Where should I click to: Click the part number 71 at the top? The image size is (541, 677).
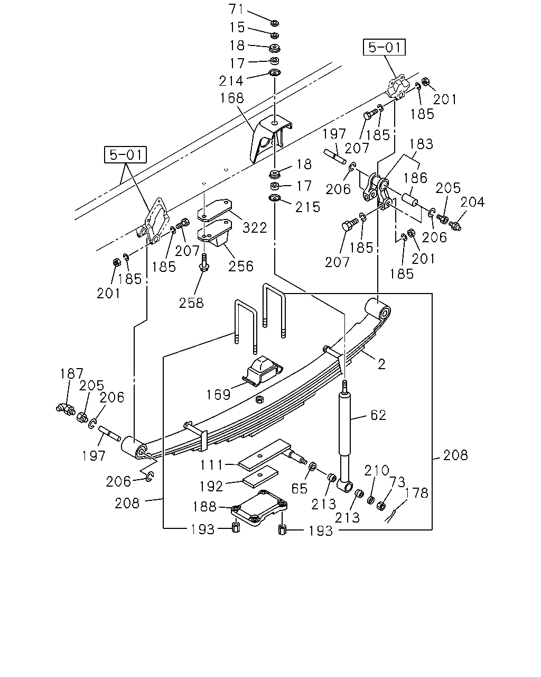236,9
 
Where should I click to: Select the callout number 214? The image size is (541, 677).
231,81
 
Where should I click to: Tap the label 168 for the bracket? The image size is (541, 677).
232,98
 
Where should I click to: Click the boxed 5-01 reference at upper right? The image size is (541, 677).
384,47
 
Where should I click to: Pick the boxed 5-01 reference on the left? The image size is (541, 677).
125,154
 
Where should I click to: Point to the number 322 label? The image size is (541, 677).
255,227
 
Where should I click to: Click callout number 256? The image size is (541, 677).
241,266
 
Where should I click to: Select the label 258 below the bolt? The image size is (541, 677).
191,303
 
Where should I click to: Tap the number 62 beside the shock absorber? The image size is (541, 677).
378,415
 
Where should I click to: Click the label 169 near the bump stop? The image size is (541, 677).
218,395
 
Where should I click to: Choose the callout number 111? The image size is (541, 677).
212,465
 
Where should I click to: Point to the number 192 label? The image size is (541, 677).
211,487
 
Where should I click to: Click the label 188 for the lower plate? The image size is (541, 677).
204,507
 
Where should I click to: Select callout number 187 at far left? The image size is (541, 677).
72,374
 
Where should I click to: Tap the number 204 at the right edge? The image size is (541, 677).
472,202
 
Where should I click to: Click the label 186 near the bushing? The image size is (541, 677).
415,178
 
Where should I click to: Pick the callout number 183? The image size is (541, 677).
421,144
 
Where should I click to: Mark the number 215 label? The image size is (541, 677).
308,207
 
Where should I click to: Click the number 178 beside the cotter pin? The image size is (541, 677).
416,493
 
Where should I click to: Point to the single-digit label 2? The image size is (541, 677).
381,364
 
